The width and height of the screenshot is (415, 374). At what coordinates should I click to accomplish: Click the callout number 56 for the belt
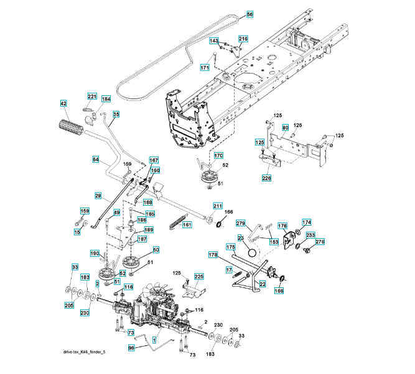(x=249, y=14)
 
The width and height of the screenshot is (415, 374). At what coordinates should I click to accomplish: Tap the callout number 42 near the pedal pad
(x=63, y=103)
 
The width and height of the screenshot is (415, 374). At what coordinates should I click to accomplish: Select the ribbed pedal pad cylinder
(x=71, y=128)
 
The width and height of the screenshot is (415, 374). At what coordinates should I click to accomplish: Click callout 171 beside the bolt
(x=205, y=67)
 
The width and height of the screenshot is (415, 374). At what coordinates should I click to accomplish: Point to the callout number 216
(x=243, y=39)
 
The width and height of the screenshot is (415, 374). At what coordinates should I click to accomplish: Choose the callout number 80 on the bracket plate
(x=285, y=128)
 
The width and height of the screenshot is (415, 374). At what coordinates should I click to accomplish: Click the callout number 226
(x=266, y=178)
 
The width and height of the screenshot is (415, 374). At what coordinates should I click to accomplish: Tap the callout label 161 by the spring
(x=187, y=224)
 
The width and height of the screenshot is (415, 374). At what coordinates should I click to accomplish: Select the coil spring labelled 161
(x=179, y=220)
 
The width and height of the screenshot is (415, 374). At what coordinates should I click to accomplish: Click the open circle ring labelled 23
(x=252, y=252)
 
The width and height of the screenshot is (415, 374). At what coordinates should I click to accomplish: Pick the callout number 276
(x=320, y=242)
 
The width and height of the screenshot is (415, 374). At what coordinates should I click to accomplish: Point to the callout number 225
(x=199, y=276)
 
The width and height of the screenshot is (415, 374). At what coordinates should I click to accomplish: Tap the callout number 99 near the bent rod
(x=131, y=348)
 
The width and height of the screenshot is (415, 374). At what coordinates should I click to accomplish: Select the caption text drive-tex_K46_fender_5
(x=84, y=352)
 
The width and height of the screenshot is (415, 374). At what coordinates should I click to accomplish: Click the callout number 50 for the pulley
(x=156, y=250)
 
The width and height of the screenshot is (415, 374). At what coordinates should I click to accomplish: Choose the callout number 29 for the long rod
(x=98, y=196)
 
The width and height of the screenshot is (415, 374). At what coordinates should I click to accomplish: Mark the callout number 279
(x=240, y=223)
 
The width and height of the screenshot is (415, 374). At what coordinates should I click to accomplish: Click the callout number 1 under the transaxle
(x=154, y=340)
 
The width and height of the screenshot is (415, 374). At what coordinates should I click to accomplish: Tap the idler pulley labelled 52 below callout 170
(x=208, y=178)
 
